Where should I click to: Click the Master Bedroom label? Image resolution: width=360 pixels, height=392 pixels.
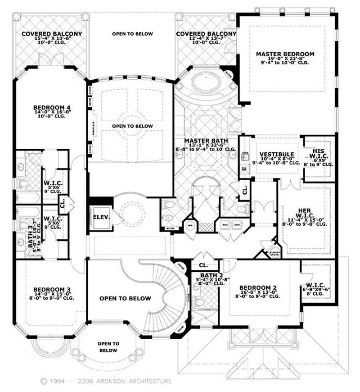(285, 54)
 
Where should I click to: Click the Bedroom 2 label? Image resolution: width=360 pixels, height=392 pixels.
(257, 287)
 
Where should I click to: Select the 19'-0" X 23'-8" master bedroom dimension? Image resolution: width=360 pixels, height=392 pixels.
(285, 59)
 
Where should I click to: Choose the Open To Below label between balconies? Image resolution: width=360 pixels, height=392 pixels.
(132, 34)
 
